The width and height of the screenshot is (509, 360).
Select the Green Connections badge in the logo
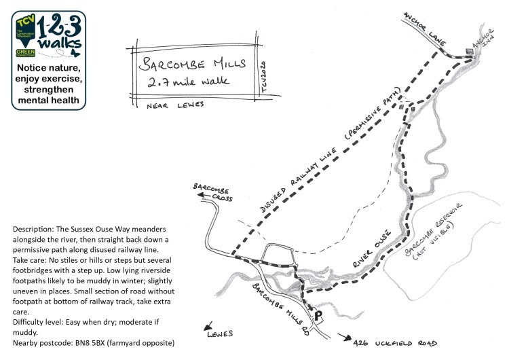(24, 51)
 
